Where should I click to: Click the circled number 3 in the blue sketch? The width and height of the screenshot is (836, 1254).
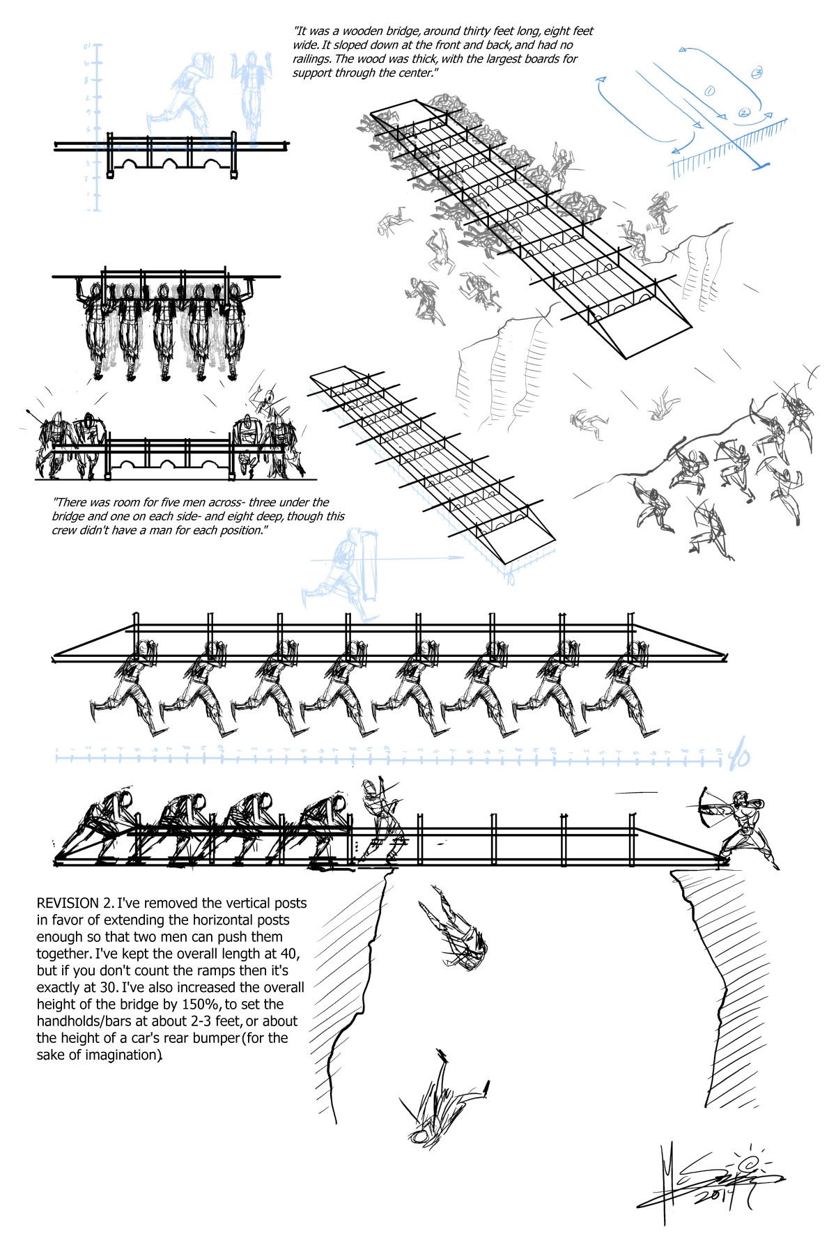coord(757,72)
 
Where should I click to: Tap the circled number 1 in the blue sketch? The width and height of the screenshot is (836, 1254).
coord(711,91)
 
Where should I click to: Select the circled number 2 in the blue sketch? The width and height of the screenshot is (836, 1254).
coord(743,113)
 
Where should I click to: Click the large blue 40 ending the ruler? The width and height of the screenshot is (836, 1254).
coord(738,755)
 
